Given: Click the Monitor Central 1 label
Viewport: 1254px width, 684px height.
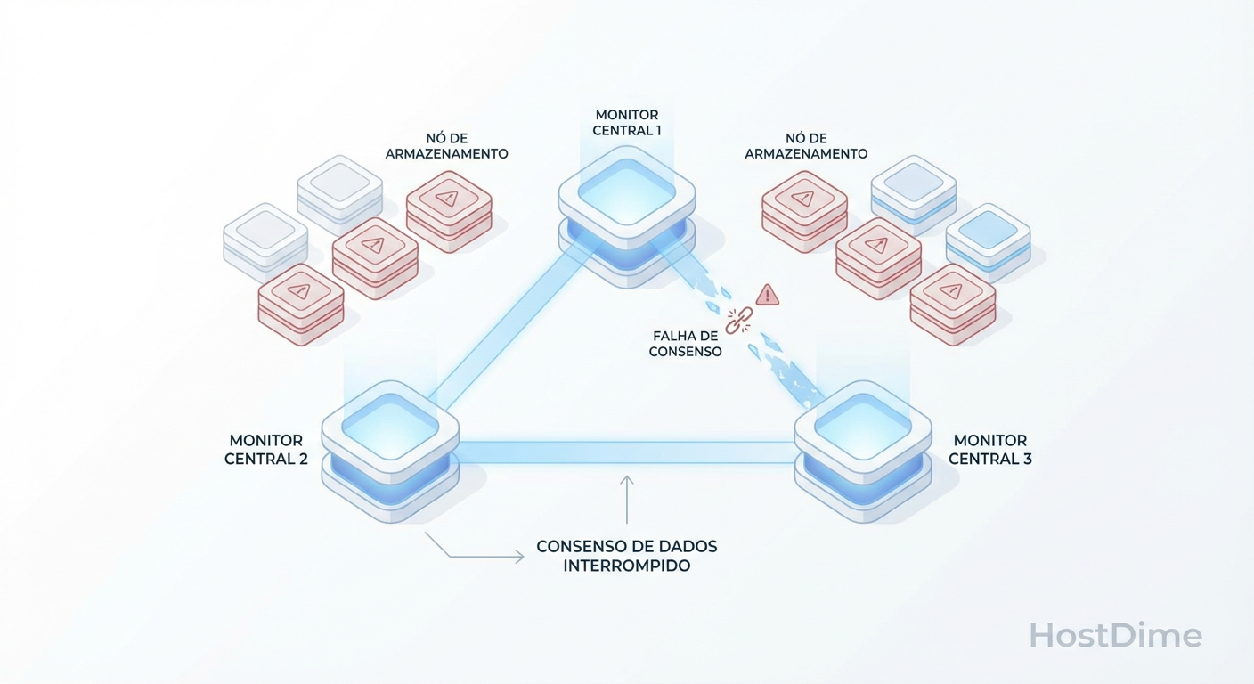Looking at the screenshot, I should pos(627,123).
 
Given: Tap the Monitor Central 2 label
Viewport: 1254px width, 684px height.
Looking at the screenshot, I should pos(265,450).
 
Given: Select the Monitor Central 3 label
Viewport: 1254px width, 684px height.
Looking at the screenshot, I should pos(989,450).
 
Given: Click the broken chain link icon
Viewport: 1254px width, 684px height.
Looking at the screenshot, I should pos(738,321).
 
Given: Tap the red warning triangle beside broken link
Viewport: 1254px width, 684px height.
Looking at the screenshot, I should pos(767,295).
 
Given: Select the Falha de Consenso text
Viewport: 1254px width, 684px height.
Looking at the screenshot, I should pos(685,344).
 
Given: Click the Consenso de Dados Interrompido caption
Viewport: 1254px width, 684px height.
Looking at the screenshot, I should pos(626,556).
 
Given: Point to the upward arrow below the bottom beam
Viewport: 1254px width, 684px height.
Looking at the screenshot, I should pos(627,499).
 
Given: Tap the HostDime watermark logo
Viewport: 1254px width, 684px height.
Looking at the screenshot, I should pos(1115,636).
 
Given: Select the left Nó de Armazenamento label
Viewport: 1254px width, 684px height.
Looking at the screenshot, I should pos(446,146).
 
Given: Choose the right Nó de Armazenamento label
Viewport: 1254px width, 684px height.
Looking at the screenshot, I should pos(805,146).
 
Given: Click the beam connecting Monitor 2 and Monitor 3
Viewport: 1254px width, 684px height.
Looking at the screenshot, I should pos(626,452).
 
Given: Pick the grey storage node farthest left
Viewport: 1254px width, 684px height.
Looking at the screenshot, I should pos(265,237).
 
